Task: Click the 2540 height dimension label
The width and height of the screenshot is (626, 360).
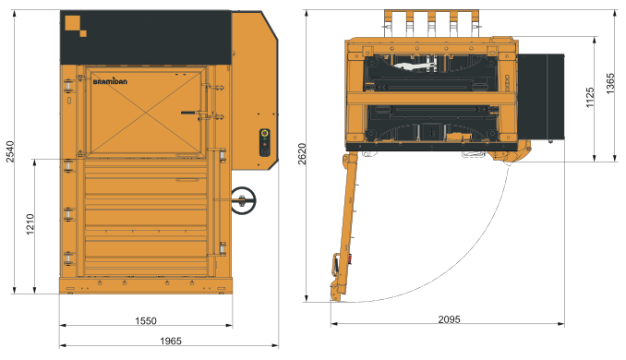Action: pos(10,151)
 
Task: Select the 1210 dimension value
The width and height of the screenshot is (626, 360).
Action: pos(30,224)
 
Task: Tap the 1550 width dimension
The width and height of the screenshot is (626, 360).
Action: pos(146,321)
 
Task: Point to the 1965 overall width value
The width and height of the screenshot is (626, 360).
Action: pos(171,341)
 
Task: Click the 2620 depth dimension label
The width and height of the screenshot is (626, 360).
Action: pos(302,153)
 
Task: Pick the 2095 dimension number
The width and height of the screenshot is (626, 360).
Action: pos(449,319)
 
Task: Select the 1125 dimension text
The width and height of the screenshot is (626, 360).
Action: pos(590,97)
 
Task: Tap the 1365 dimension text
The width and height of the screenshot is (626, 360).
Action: pos(610,83)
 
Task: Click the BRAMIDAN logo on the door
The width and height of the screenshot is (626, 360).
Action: pos(110,81)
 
